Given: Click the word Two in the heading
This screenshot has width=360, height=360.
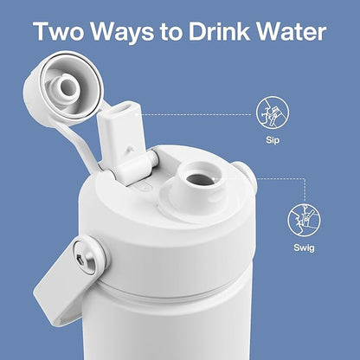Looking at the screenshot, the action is [x=59, y=30].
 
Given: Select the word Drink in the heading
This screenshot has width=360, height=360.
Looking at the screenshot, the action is [x=219, y=30].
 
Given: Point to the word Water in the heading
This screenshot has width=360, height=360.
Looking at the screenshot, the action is [x=292, y=30].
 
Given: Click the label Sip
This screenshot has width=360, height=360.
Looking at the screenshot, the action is [x=273, y=141].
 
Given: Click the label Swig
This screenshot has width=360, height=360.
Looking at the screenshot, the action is [x=304, y=247].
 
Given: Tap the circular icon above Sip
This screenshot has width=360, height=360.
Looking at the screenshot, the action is [x=273, y=112].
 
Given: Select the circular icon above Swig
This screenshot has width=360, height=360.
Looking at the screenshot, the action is [x=304, y=220].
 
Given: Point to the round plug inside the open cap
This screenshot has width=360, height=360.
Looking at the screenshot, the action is [x=67, y=86].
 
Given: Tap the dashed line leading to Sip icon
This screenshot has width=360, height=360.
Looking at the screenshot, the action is [x=196, y=115].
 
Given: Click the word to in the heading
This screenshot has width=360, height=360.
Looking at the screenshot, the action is [x=171, y=32].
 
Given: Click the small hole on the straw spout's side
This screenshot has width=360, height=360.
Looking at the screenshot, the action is [x=128, y=149].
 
